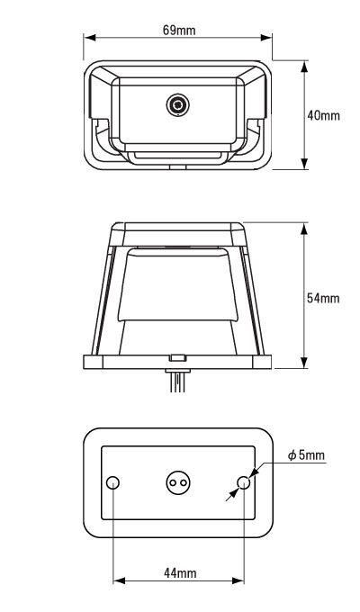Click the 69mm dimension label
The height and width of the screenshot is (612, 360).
[180, 30]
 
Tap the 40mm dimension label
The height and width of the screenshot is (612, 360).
[323, 116]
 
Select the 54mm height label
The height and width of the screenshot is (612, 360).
[323, 298]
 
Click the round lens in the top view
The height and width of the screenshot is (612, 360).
[178, 107]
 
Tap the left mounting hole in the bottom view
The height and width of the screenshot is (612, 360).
[113, 484]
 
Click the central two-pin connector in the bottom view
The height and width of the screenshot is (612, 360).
[178, 484]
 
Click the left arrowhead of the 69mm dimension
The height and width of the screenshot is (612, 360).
[88, 38]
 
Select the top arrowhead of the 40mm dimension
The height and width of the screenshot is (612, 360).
[303, 65]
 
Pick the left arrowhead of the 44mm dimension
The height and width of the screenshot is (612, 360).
[117, 582]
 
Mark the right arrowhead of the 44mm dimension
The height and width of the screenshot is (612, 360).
[239, 582]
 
